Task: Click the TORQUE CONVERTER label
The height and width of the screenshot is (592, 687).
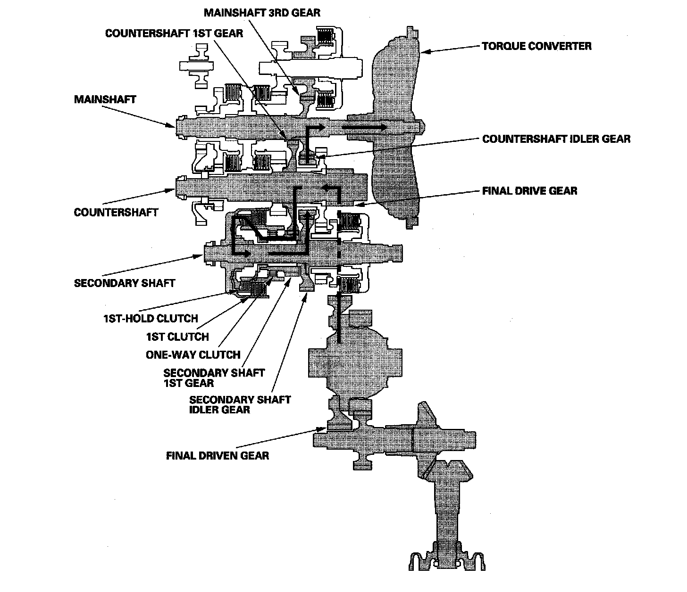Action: pyautogui.click(x=536, y=46)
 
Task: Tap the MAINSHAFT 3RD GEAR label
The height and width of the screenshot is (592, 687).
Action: pyautogui.click(x=262, y=13)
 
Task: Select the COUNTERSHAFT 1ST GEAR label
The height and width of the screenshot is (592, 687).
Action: pyautogui.click(x=174, y=33)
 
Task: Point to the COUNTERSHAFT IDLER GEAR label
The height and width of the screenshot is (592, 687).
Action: pyautogui.click(x=556, y=139)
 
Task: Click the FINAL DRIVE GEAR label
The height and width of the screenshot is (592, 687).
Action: pyautogui.click(x=530, y=190)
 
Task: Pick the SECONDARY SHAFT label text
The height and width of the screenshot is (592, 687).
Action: pyautogui.click(x=124, y=283)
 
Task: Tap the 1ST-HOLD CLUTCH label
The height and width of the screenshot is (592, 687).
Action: pyautogui.click(x=151, y=319)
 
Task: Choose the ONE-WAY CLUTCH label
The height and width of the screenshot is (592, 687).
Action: pyautogui.click(x=193, y=354)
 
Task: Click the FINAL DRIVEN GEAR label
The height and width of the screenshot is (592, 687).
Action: pyautogui.click(x=218, y=455)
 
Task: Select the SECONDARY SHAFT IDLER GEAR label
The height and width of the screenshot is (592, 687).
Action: pyautogui.click(x=240, y=404)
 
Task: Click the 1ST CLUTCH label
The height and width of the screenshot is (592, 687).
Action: pyautogui.click(x=177, y=337)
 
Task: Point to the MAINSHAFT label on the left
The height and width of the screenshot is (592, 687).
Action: pyautogui.click(x=105, y=99)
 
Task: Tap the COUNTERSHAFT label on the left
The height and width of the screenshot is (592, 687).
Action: pyautogui.click(x=116, y=212)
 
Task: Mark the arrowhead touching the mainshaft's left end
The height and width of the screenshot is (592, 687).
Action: pyautogui.click(x=170, y=125)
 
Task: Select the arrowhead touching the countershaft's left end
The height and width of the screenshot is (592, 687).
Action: pyautogui.click(x=170, y=190)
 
